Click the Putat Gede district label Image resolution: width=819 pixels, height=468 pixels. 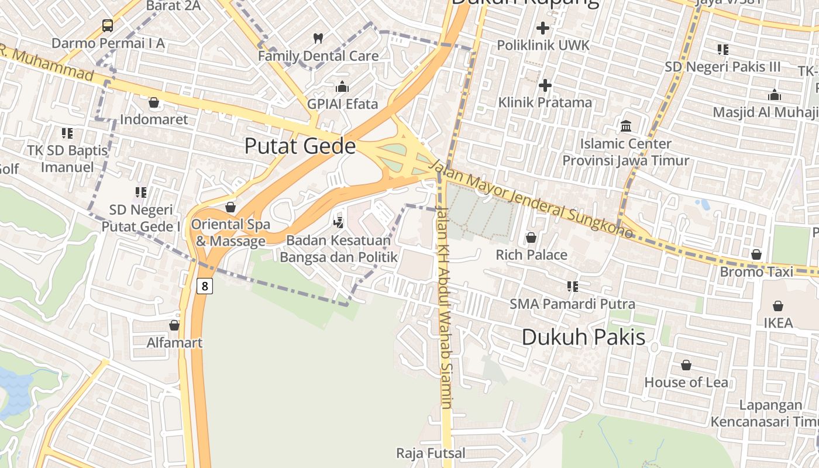(300, 146)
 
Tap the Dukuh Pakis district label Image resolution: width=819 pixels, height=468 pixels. (583, 337)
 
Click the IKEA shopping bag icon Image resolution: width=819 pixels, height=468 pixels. (778, 306)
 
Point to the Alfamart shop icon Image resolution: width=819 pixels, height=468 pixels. (174, 325)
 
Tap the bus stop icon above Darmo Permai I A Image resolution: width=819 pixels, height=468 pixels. (108, 25)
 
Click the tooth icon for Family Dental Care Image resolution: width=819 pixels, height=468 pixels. (318, 39)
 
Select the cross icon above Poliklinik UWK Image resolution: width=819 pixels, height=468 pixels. (543, 27)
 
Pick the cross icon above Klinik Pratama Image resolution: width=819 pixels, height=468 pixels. (545, 85)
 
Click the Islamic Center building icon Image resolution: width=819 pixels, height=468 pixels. (626, 126)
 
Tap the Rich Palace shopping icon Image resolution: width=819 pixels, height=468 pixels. (531, 238)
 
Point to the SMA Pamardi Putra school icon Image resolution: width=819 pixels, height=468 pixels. (572, 287)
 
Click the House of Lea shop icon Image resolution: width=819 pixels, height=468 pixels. (686, 365)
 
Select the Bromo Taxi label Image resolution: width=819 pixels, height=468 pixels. (756, 271)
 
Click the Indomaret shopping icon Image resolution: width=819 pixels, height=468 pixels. (154, 103)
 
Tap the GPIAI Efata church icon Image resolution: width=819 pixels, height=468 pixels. (342, 87)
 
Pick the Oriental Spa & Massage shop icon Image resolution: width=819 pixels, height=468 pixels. (230, 207)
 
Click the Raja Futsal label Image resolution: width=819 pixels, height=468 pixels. (431, 453)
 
